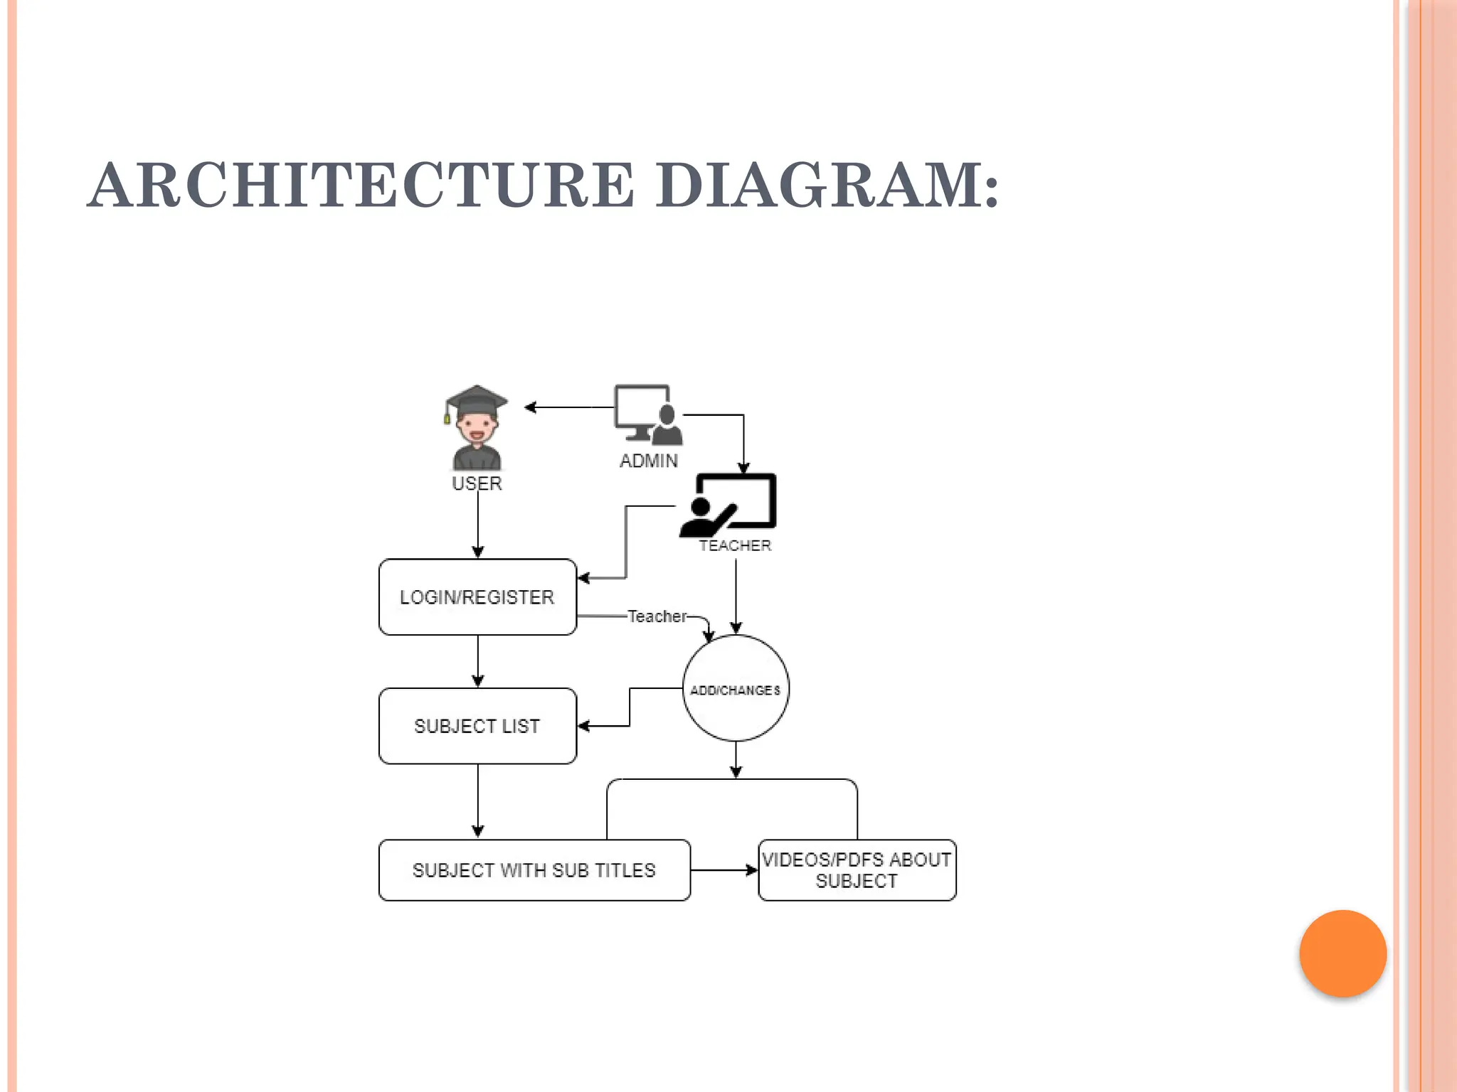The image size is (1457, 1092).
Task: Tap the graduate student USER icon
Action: [x=477, y=430]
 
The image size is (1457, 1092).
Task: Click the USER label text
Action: [x=477, y=484]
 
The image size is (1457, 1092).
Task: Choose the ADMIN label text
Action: [x=648, y=461]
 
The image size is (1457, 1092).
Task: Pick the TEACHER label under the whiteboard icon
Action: [x=735, y=546]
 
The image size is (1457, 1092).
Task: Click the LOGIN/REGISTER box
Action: [x=477, y=597]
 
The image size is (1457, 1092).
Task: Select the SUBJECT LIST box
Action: [x=477, y=726]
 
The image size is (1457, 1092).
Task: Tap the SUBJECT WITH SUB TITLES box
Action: [x=534, y=870]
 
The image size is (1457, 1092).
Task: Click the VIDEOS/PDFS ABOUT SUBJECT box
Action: [x=857, y=870]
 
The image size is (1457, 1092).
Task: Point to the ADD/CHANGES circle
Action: [x=736, y=689]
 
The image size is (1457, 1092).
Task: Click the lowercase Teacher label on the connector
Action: [x=657, y=616]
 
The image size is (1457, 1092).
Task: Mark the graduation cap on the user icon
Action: [x=477, y=400]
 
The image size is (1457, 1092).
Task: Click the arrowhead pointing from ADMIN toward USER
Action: [x=531, y=407]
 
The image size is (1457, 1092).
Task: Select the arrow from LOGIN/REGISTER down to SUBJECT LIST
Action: [x=477, y=661]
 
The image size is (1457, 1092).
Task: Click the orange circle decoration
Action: [x=1342, y=953]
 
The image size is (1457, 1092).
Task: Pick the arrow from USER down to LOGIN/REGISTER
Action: [x=477, y=526]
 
